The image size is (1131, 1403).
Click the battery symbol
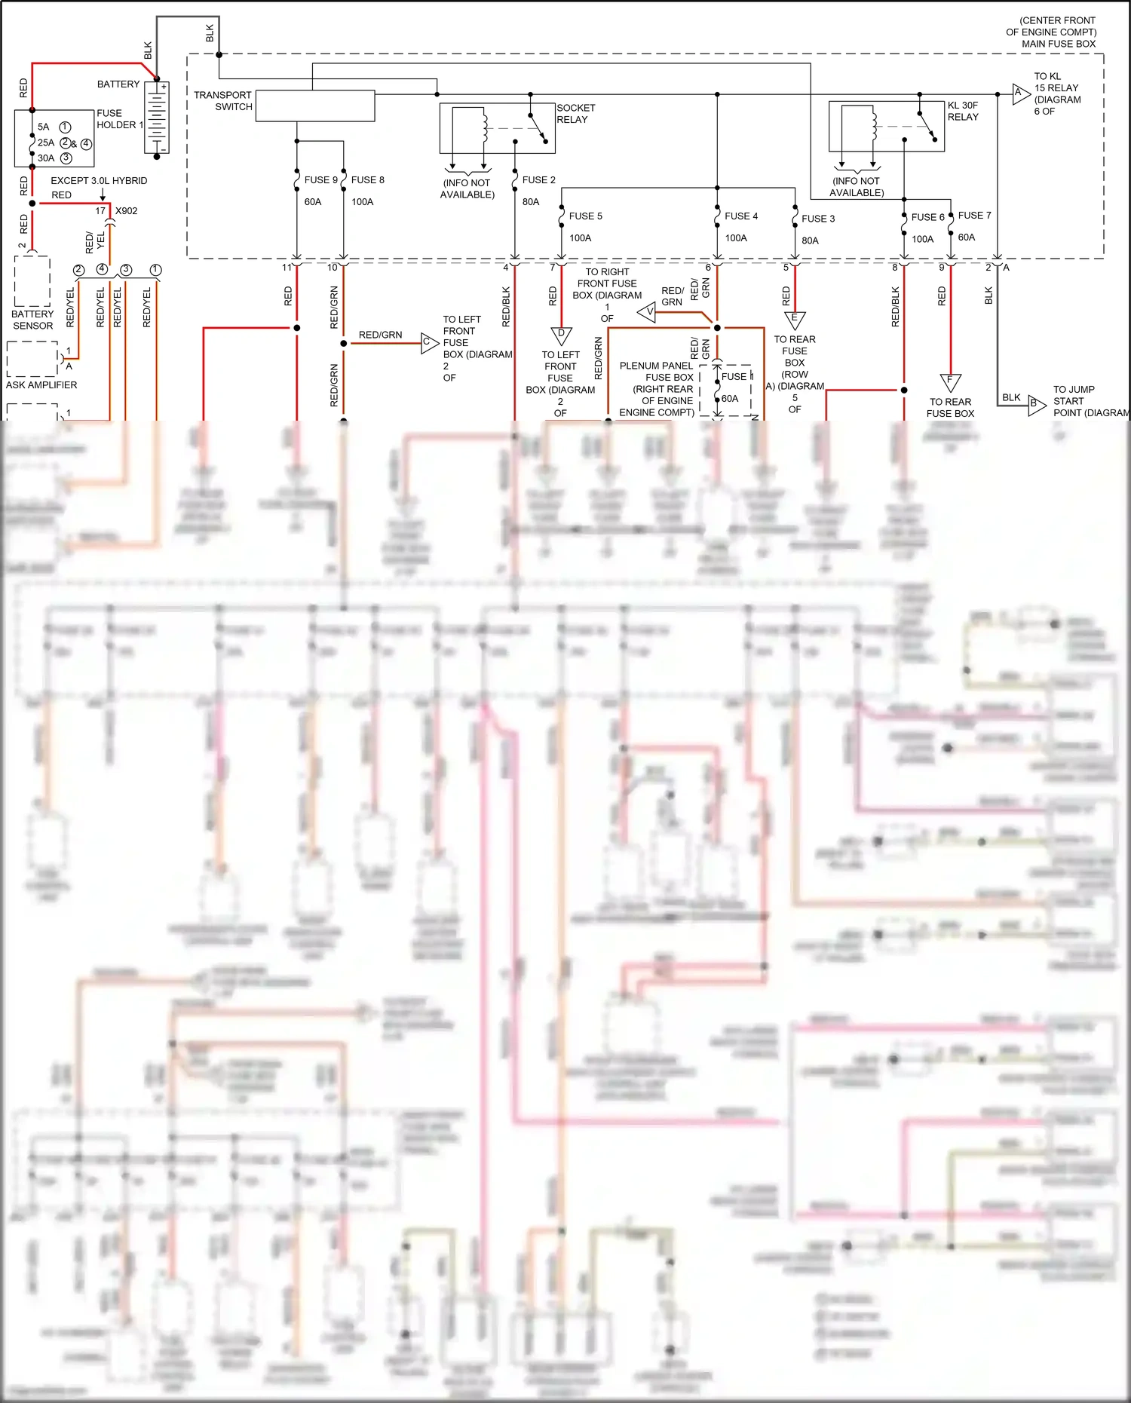157,118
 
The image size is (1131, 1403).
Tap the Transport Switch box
315,106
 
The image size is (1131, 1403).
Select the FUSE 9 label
320,180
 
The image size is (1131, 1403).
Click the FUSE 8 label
368,180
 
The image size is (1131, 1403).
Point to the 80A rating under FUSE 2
531,202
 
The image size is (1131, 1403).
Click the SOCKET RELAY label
576,114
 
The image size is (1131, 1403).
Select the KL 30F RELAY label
963,112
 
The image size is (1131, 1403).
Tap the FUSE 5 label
585,216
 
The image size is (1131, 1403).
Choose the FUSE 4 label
741,216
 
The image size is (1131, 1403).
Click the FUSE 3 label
818,219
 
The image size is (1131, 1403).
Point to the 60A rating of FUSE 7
967,237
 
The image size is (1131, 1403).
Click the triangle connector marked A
1020,94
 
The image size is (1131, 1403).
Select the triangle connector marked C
428,343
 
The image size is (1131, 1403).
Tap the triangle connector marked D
561,335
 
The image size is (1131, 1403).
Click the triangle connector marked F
950,382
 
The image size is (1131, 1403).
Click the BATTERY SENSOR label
32,320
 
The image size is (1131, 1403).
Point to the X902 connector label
127,211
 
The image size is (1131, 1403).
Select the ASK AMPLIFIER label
41,385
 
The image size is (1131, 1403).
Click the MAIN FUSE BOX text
1059,44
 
